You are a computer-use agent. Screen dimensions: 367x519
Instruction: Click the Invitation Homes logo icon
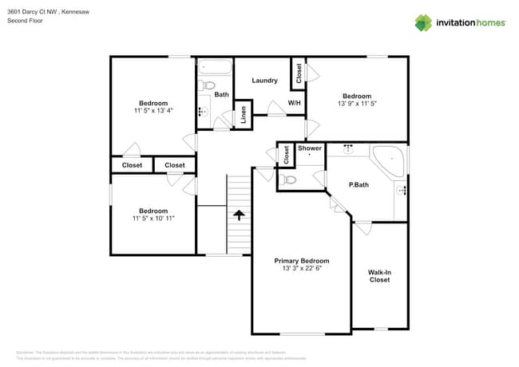click(x=422, y=22)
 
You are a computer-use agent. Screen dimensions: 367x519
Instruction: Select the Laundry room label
click(x=264, y=80)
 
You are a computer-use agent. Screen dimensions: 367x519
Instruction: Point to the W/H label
click(x=294, y=103)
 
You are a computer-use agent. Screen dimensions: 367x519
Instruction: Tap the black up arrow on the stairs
click(x=239, y=215)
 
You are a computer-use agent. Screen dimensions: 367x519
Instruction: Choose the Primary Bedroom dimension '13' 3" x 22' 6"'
click(x=301, y=269)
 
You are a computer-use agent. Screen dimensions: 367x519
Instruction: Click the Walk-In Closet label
click(x=378, y=275)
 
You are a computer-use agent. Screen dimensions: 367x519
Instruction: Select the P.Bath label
click(x=359, y=185)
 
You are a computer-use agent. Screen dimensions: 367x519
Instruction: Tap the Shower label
click(x=309, y=148)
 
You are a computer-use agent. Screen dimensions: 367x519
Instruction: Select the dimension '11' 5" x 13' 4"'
click(x=153, y=111)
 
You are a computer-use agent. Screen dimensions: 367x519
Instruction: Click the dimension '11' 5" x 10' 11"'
click(x=153, y=218)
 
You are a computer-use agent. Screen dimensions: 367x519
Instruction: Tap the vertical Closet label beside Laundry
click(x=299, y=74)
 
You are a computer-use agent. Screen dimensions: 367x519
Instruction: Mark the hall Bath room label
click(x=221, y=94)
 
